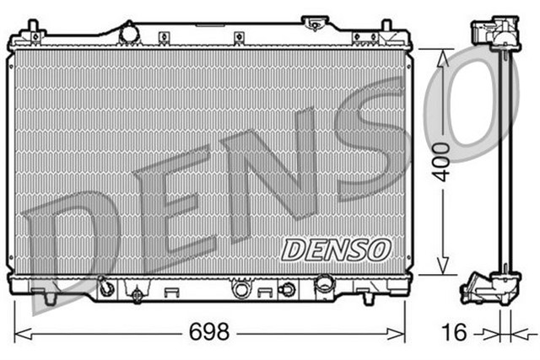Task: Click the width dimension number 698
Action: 208,331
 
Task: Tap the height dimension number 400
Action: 439,161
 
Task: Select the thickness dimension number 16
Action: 455,332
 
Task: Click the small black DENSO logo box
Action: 336,248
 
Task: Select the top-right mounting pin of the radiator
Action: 385,32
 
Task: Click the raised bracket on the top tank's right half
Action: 364,37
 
